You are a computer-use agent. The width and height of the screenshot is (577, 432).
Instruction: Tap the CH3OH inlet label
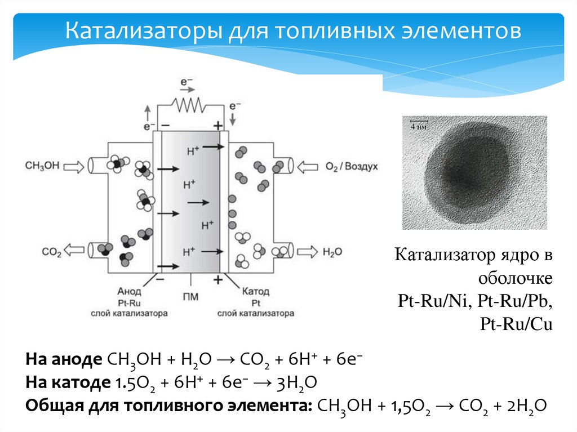42,166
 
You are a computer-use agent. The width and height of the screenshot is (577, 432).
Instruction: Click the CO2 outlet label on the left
51,252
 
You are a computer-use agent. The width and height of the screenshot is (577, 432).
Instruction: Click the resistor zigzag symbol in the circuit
189,105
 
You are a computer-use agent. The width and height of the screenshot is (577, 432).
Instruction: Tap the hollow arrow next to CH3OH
73,166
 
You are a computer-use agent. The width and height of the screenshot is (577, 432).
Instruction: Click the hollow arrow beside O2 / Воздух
308,166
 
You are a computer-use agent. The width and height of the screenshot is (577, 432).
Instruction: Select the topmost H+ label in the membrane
193,150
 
